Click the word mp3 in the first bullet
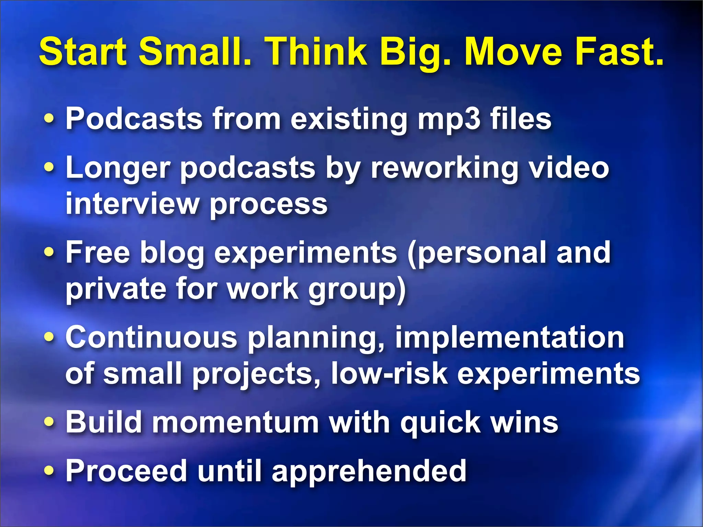pyautogui.click(x=448, y=119)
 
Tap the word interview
pyautogui.click(x=132, y=203)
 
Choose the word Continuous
pyautogui.click(x=151, y=338)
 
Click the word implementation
pyautogui.click(x=509, y=338)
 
